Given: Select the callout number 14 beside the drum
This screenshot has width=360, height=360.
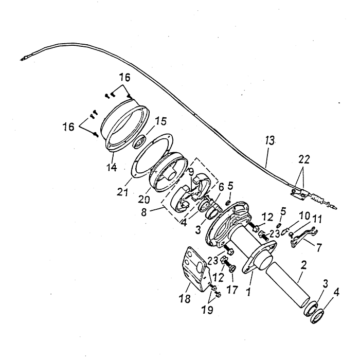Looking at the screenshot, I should tap(112, 167).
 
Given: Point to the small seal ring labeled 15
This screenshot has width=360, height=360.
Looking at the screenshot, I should tap(139, 140).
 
